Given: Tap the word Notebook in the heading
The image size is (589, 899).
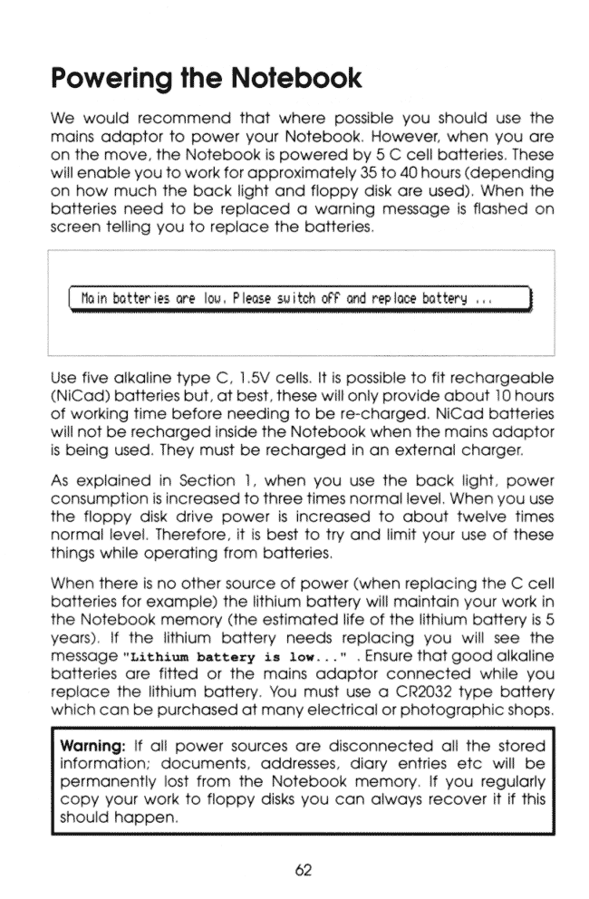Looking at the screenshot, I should point(296,79).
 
